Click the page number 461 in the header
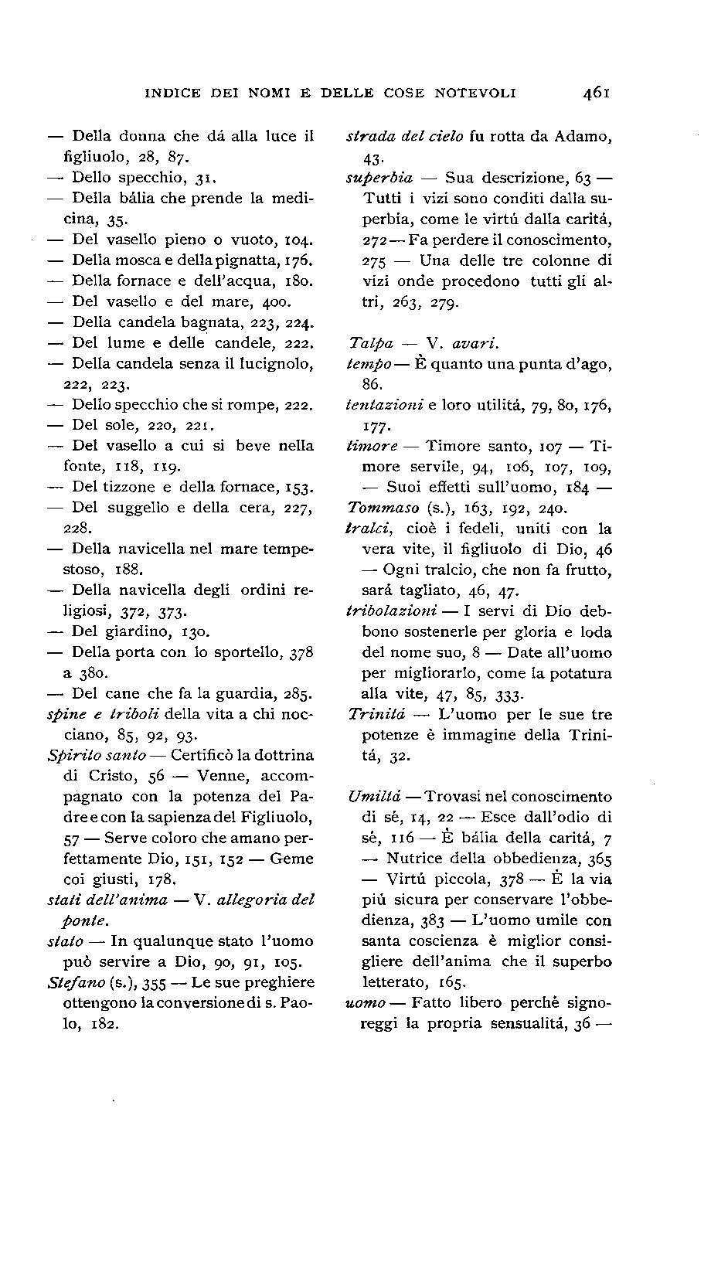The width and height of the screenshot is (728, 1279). click(x=597, y=94)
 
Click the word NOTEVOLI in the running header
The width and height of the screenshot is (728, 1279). click(x=475, y=94)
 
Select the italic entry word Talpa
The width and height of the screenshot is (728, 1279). click(x=371, y=343)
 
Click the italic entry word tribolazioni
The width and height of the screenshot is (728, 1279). click(x=391, y=611)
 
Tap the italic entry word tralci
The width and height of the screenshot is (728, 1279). click(x=368, y=529)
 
